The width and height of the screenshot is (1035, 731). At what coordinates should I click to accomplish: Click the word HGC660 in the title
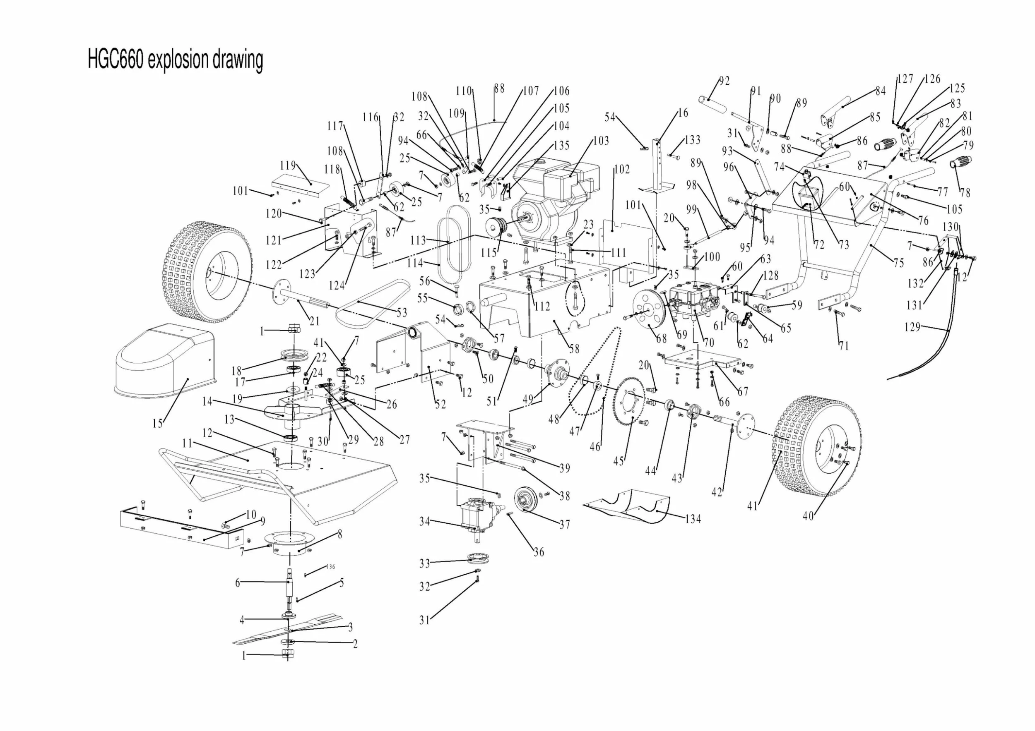coord(116,60)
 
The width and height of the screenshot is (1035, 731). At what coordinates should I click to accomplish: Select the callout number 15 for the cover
coord(157,423)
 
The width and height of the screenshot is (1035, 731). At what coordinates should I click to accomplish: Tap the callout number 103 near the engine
coord(601,141)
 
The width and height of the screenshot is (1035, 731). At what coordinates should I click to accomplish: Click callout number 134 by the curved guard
coord(693,519)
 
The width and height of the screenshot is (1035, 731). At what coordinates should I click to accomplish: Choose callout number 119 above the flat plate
coord(288,165)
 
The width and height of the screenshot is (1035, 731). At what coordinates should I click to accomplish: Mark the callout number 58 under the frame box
coord(574,348)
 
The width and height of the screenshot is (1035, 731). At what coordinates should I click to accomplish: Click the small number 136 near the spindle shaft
coord(330,567)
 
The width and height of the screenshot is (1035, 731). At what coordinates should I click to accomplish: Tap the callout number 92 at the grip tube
coord(724,81)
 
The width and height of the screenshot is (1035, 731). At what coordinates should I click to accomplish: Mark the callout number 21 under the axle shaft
coord(314,321)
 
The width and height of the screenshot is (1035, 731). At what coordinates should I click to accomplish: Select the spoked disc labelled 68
coord(649,311)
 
